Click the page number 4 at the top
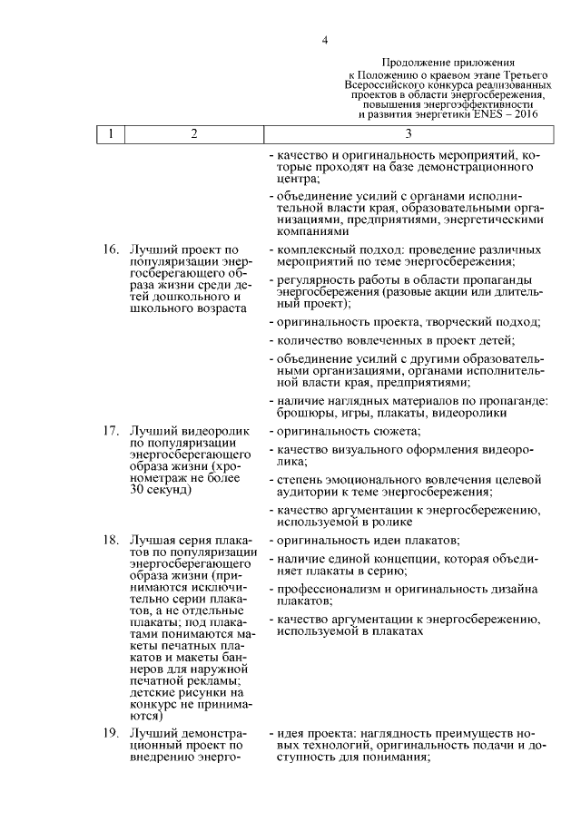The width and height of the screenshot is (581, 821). pyautogui.click(x=324, y=39)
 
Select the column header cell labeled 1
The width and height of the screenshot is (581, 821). pyautogui.click(x=110, y=134)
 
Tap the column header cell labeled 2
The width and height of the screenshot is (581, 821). pyautogui.click(x=194, y=134)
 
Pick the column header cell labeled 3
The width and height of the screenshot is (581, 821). pyautogui.click(x=409, y=134)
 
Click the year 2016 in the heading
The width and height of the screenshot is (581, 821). pyautogui.click(x=523, y=115)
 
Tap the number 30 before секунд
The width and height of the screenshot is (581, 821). pyautogui.click(x=139, y=491)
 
